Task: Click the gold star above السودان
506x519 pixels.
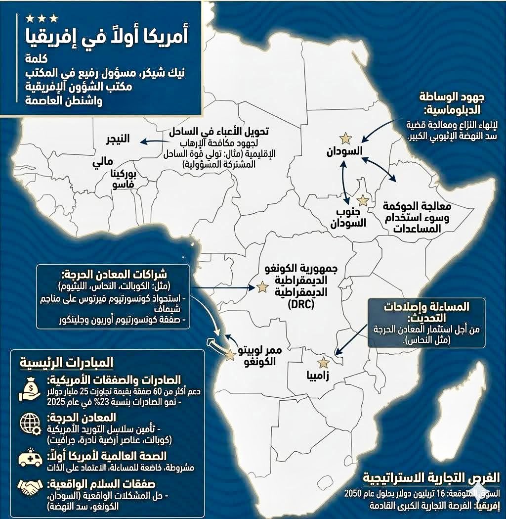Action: click(344, 138)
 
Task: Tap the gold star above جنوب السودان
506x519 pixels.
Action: click(363, 200)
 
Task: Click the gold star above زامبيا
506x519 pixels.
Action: click(323, 363)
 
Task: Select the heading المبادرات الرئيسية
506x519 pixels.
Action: click(66, 363)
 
